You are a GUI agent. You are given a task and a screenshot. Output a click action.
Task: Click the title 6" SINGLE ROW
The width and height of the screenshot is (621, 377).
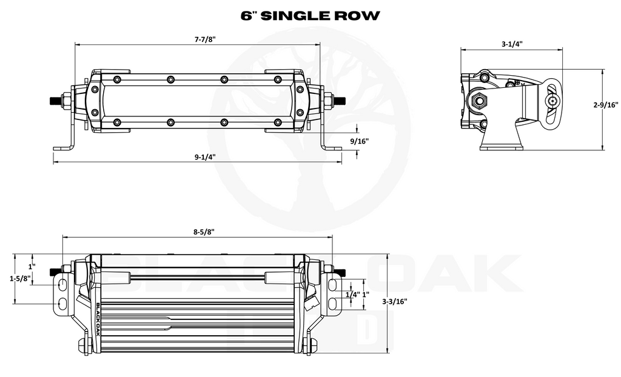310,16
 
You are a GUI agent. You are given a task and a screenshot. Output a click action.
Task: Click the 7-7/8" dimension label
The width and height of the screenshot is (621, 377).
205,39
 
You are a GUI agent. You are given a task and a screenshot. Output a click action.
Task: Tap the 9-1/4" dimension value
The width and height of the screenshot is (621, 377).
205,157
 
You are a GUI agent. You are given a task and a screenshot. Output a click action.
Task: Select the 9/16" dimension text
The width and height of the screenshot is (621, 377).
359,141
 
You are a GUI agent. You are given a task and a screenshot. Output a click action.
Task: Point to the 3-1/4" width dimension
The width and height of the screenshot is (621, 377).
512,44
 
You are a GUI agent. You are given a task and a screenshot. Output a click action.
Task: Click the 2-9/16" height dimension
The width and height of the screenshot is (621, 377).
606,105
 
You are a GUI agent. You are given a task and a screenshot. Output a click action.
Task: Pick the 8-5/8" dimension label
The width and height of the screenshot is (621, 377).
204,232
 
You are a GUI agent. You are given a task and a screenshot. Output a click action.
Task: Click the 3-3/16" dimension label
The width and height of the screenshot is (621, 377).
394,301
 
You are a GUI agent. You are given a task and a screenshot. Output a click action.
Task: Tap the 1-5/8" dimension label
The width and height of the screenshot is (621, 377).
20,278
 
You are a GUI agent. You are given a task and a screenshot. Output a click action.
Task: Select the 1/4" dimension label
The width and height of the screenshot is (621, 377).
352,295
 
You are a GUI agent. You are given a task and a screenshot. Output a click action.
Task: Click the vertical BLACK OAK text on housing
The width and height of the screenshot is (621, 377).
98,319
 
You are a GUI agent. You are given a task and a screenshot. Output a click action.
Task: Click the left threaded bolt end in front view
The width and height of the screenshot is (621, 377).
55,100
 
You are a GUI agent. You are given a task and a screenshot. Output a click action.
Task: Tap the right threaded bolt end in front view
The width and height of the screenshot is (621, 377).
340,100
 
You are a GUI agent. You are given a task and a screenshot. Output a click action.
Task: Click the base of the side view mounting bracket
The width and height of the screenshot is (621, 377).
502,148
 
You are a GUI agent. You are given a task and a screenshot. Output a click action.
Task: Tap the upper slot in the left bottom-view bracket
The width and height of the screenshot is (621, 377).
62,284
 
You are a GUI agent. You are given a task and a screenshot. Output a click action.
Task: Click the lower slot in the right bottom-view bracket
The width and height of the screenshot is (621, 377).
333,303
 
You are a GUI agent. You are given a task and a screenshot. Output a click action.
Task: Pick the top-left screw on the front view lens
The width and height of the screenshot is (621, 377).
116,79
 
